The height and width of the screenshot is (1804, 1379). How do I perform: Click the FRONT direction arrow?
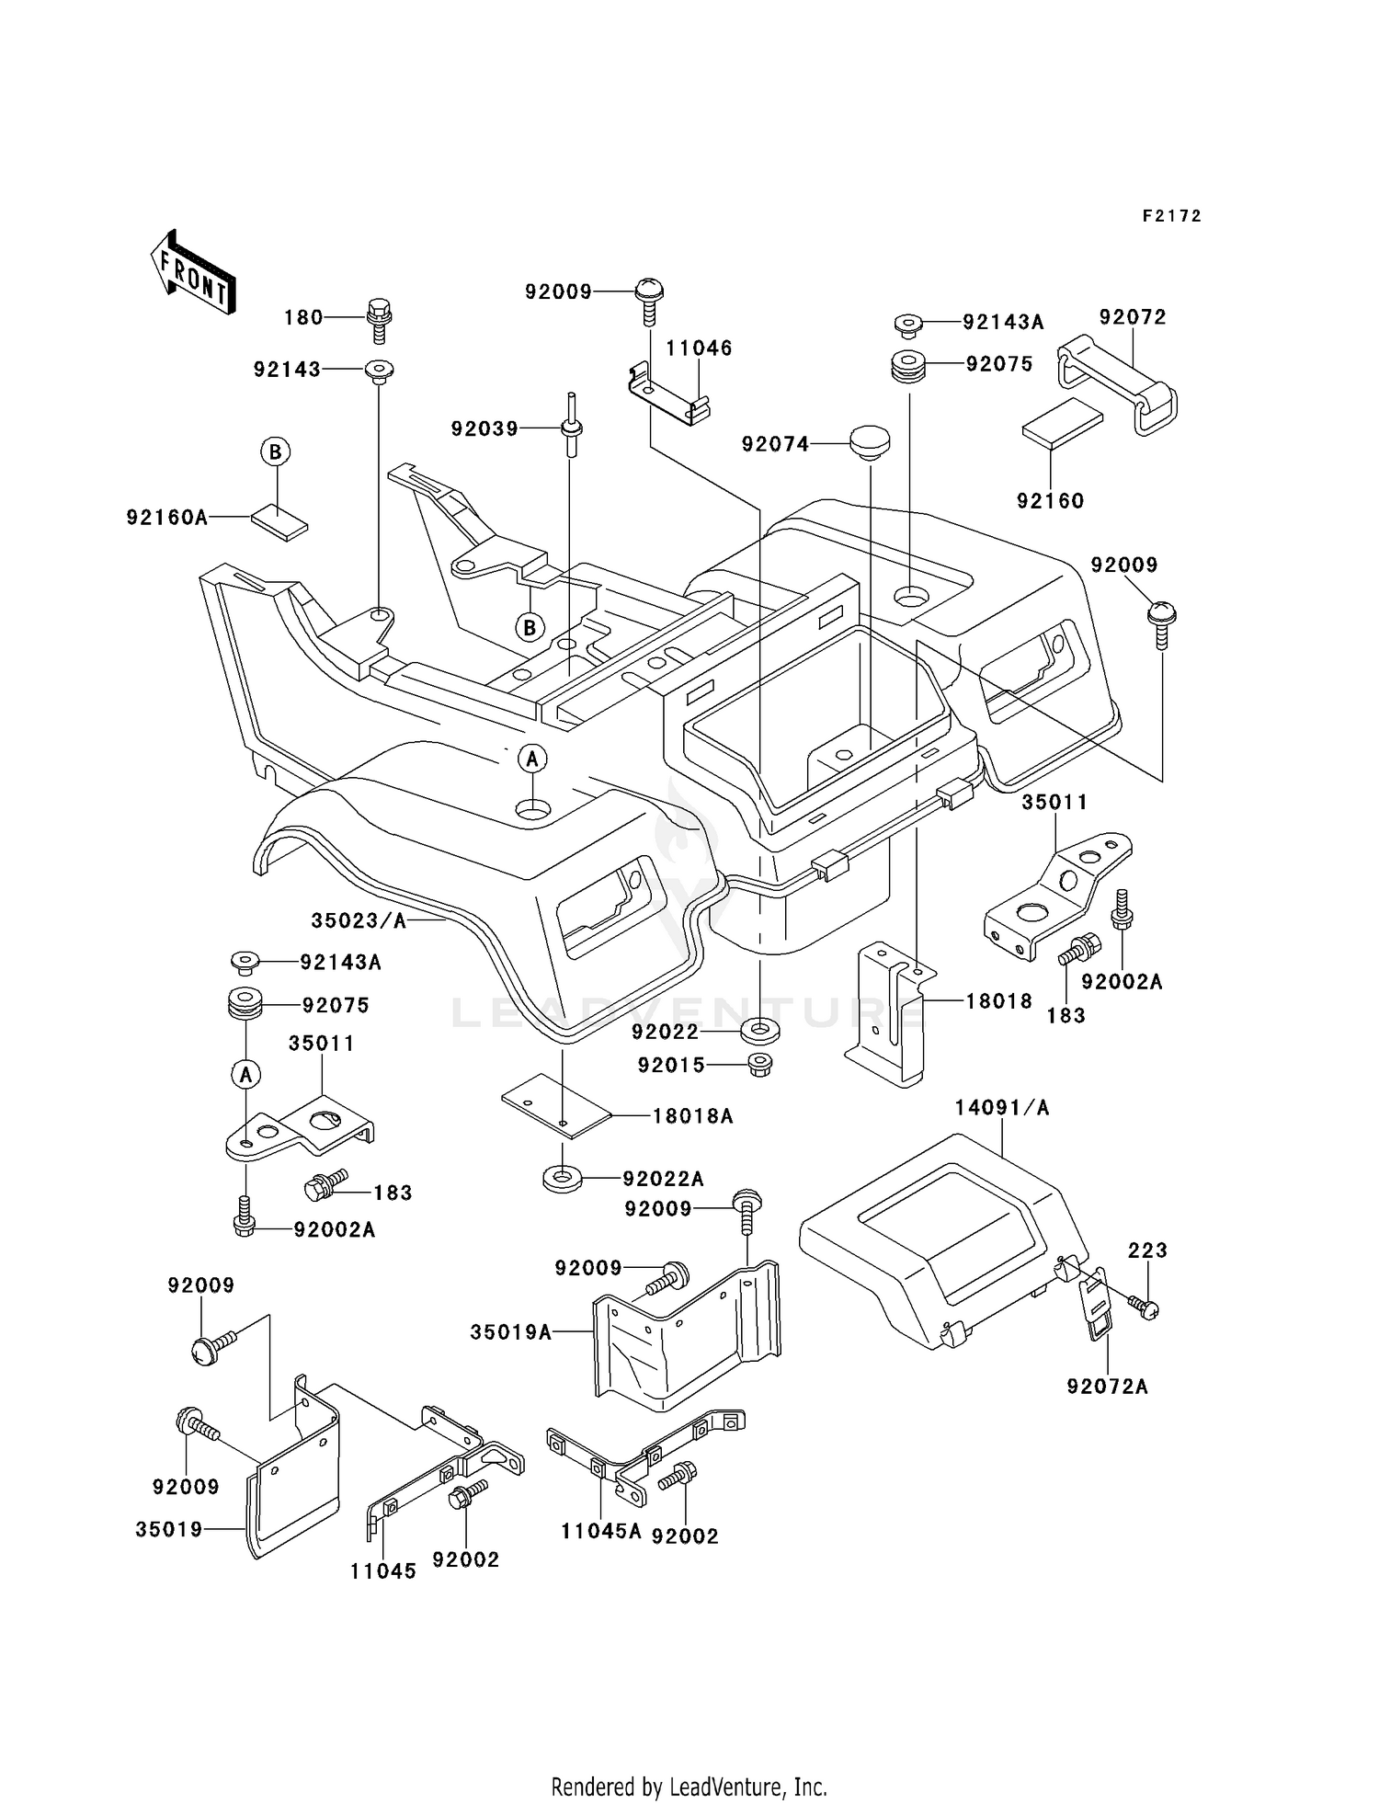(x=193, y=273)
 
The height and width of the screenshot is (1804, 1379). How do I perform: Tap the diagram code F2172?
(x=1171, y=216)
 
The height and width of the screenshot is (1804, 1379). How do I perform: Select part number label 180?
(x=303, y=318)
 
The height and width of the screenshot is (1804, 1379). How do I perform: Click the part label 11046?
(x=699, y=348)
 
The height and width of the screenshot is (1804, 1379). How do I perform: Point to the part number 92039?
(x=484, y=429)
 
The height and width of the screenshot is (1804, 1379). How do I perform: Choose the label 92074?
(x=776, y=445)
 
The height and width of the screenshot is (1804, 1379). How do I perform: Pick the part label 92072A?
(x=1108, y=1387)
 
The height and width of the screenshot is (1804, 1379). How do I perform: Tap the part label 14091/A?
(x=1002, y=1108)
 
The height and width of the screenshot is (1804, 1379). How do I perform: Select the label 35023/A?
(x=359, y=920)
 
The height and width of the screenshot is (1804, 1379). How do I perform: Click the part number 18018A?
(x=693, y=1116)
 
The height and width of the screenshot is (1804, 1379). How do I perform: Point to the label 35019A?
(x=511, y=1332)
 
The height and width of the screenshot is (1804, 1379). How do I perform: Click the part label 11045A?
(x=601, y=1532)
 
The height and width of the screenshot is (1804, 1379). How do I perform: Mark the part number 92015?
(x=672, y=1066)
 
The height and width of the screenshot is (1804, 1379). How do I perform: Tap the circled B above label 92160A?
(x=275, y=452)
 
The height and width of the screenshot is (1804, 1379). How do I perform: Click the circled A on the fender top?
(x=532, y=759)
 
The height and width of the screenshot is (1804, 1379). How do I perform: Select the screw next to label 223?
(x=1145, y=1306)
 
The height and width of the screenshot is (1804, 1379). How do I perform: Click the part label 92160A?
(x=167, y=519)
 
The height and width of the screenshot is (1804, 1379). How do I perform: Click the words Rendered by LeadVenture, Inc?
(x=689, y=1787)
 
